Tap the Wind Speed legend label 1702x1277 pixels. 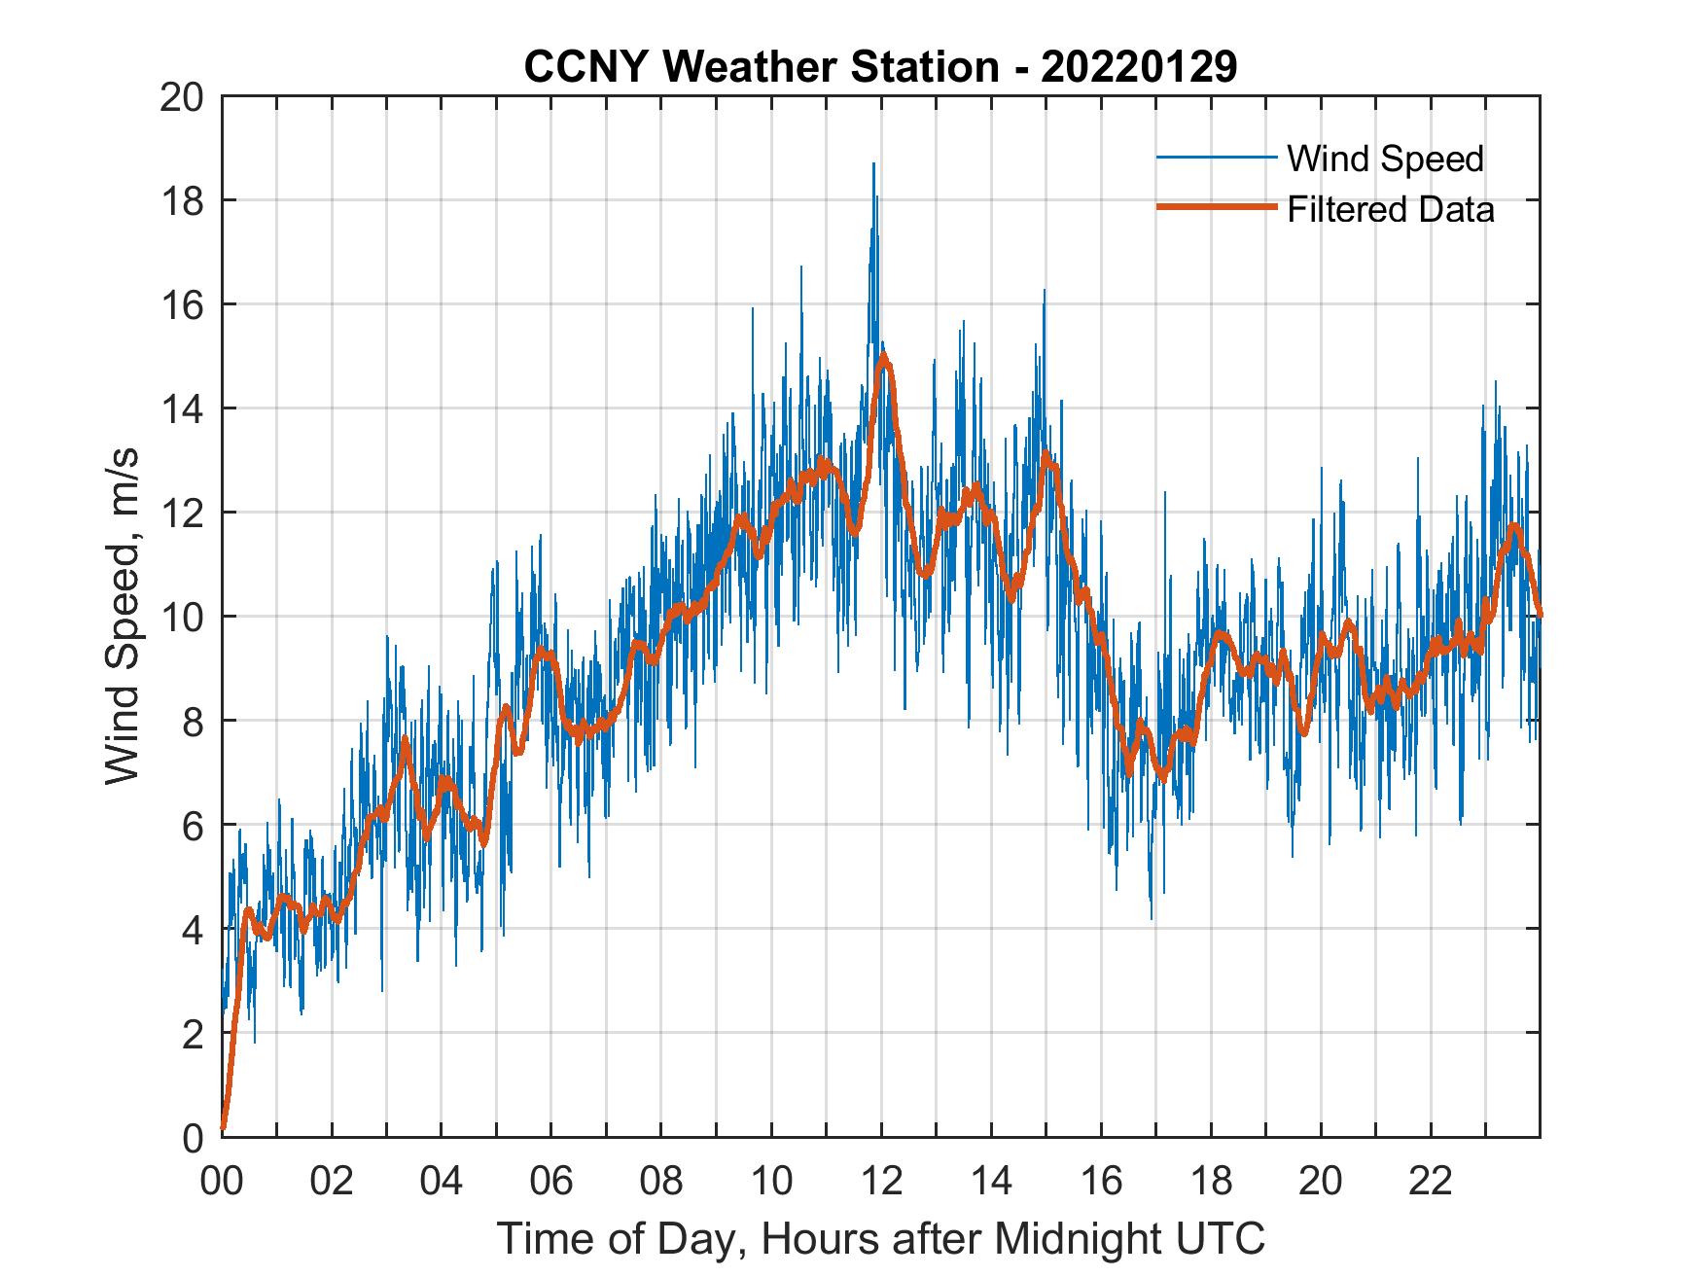[1385, 159]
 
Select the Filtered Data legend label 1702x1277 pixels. [1390, 209]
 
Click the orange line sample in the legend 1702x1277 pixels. [1216, 208]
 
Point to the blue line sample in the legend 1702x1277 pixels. [1216, 158]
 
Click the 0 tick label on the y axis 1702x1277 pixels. [194, 1137]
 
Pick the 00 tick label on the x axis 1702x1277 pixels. [222, 1181]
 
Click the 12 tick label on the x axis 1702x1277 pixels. [881, 1181]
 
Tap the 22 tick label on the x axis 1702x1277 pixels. [1431, 1181]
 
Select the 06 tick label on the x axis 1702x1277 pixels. [551, 1181]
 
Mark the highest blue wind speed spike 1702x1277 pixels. [873, 164]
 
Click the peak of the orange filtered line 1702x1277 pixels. [882, 356]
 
